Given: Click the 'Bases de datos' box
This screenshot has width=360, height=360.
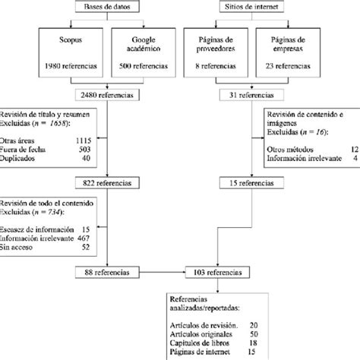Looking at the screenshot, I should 106,7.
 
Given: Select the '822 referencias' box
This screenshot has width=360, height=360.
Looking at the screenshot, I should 106,183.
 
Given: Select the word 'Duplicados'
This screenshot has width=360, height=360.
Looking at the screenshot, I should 21,159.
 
